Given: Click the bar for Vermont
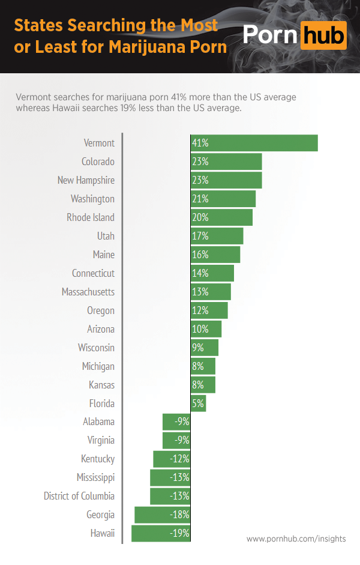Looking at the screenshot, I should [x=254, y=143].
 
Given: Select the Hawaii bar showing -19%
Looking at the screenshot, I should [x=161, y=533].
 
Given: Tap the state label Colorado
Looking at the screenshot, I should [x=98, y=162].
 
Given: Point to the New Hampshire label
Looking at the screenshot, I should [x=86, y=180].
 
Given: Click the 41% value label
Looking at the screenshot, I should [x=200, y=143].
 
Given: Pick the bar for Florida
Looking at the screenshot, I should [x=198, y=403].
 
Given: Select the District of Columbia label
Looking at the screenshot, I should [x=79, y=496].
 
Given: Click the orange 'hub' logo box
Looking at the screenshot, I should [x=323, y=35].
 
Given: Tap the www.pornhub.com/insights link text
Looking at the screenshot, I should [x=296, y=539].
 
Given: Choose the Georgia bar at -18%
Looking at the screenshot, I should [x=162, y=515].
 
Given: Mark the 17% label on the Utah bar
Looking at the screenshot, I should [x=200, y=236].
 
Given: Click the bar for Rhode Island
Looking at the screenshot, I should [x=221, y=217].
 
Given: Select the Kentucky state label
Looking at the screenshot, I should [x=98, y=459].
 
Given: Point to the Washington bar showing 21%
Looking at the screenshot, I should [x=223, y=199].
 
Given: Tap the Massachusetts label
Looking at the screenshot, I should [x=88, y=292].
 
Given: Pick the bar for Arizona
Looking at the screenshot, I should [x=206, y=329].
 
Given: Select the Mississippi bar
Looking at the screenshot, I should [x=170, y=477].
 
